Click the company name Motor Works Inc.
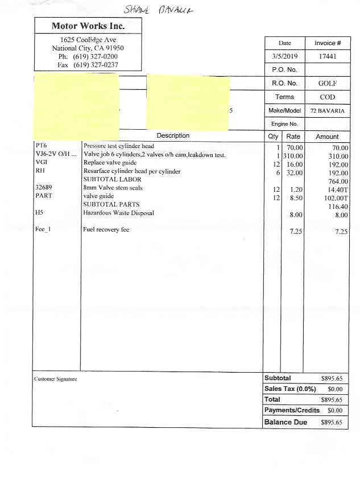[88, 26]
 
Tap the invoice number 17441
[328, 56]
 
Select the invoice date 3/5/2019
[284, 56]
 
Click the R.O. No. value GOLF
[328, 83]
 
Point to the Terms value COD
[328, 97]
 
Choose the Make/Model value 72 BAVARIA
[328, 110]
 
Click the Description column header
[173, 136]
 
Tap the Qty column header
[273, 137]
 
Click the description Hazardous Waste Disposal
[118, 213]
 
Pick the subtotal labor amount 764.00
[337, 182]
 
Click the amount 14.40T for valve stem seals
[337, 189]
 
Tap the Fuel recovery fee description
[110, 229]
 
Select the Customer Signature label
[55, 379]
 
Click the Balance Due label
[285, 422]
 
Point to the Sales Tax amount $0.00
[335, 389]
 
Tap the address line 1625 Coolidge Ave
[88, 40]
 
